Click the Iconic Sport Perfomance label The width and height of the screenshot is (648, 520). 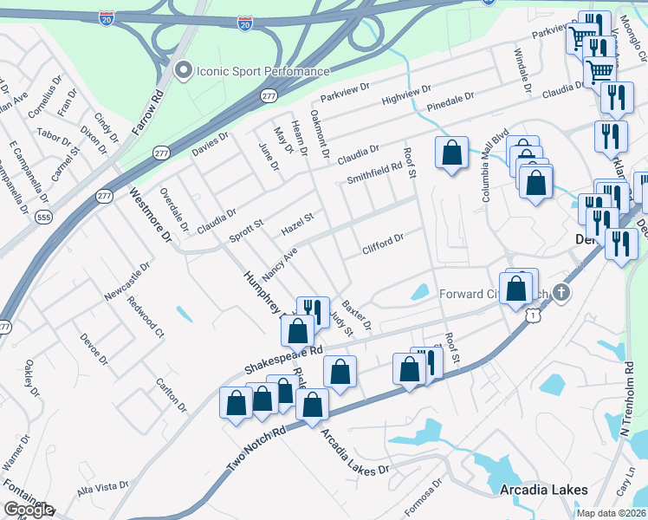(x=262, y=70)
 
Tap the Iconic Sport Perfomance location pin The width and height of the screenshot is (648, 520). (x=183, y=70)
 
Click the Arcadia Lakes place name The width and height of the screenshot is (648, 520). (x=544, y=490)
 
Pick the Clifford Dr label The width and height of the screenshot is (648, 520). (x=383, y=245)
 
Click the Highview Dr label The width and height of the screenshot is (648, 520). (x=405, y=98)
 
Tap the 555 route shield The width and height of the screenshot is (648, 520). (x=44, y=218)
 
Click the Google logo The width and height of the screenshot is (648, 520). (x=29, y=510)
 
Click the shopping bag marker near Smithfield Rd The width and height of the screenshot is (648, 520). (x=451, y=153)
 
